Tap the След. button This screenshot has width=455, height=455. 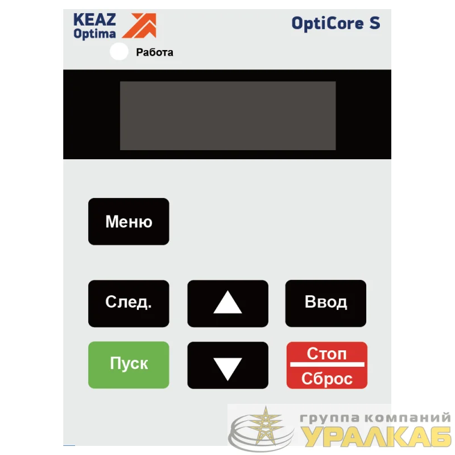(x=129, y=303)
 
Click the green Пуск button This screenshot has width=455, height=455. (x=129, y=365)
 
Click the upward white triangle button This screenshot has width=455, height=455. (x=228, y=303)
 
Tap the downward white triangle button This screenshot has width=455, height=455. (x=228, y=365)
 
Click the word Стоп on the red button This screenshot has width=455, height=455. (x=326, y=354)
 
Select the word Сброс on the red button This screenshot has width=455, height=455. (x=326, y=379)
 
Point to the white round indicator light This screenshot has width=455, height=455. (x=119, y=51)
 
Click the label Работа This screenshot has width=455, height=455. (x=155, y=52)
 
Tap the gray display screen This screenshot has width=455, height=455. (x=228, y=115)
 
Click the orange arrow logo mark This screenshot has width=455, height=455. (x=139, y=26)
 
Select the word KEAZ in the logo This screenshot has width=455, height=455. (x=94, y=20)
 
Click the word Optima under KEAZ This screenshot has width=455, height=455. (x=94, y=34)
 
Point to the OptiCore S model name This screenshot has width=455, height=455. (x=336, y=23)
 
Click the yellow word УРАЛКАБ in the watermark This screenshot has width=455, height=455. (x=377, y=436)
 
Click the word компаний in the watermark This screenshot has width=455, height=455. (x=407, y=417)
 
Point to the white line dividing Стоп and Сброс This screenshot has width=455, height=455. (x=327, y=365)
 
